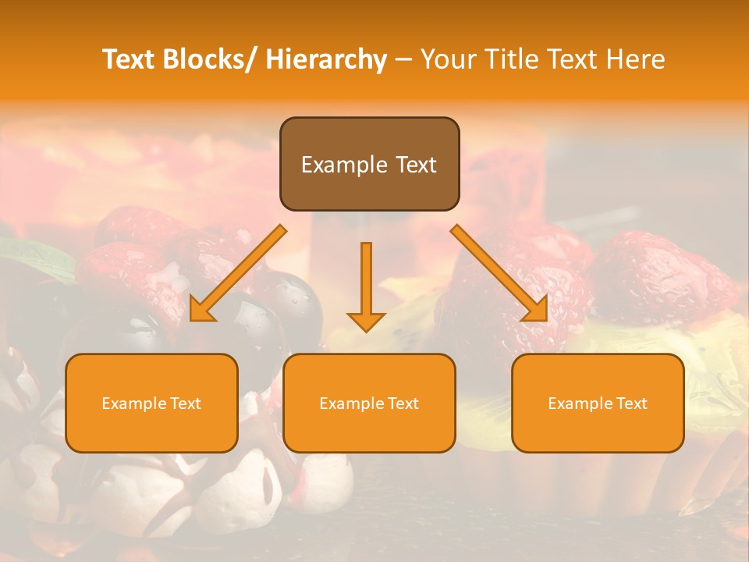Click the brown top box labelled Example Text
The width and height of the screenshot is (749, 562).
click(369, 164)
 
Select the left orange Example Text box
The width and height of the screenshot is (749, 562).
click(151, 403)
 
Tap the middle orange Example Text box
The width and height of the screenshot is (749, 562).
click(369, 403)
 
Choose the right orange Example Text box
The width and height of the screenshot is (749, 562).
click(598, 403)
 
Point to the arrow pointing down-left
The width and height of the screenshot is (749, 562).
click(238, 273)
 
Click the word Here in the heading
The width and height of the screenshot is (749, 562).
click(636, 59)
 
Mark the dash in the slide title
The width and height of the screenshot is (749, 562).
click(403, 59)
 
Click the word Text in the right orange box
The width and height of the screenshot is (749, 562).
click(631, 404)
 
